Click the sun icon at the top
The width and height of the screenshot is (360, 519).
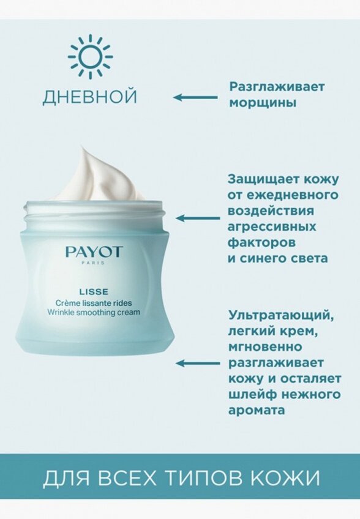(90, 56)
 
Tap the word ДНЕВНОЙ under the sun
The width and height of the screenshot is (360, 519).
(90, 97)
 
